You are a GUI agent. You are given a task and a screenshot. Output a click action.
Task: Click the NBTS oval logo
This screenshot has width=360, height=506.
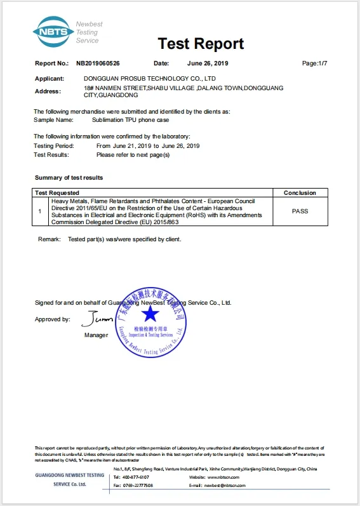(53, 31)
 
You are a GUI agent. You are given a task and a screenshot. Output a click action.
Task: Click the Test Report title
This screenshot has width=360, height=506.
(201, 43)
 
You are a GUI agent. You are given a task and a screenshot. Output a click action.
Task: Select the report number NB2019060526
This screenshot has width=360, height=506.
(98, 63)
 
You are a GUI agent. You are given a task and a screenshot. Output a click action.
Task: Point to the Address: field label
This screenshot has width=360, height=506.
(48, 91)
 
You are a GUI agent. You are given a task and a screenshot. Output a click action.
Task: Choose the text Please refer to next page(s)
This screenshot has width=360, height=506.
(133, 154)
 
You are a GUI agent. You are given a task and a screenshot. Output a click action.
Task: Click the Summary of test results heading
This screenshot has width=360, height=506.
(69, 178)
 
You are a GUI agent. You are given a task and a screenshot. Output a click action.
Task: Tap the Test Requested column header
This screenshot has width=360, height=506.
(57, 192)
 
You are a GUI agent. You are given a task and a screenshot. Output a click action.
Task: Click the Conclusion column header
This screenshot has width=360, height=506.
(300, 192)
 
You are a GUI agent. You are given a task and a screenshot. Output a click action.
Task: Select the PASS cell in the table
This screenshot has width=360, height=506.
(300, 211)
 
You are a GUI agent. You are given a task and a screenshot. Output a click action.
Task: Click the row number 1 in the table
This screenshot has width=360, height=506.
(39, 211)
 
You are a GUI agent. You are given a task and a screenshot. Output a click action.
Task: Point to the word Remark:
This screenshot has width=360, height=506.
(49, 239)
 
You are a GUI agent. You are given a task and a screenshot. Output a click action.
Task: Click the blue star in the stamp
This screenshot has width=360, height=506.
(150, 315)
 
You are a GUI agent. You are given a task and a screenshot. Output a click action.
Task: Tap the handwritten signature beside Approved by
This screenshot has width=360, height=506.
(98, 318)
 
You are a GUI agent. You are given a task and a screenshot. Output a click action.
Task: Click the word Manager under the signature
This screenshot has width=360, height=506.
(96, 335)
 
